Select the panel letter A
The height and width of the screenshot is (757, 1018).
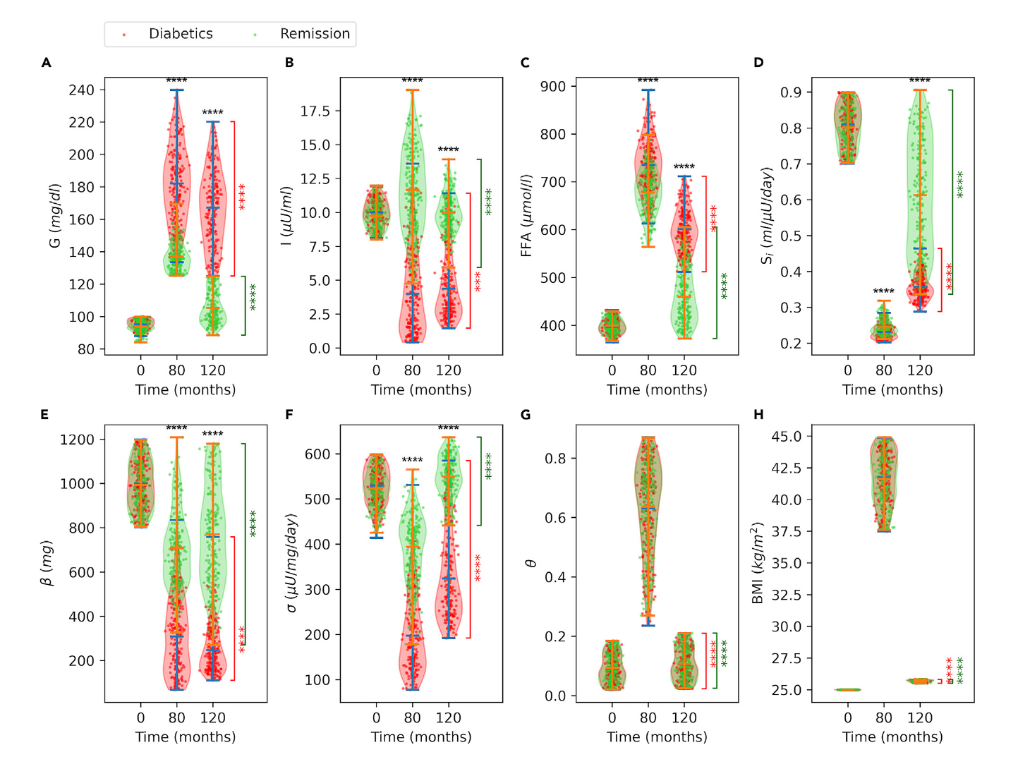[x=47, y=63]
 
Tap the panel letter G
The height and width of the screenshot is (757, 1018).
[x=526, y=415]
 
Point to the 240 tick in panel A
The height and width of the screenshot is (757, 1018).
[x=81, y=90]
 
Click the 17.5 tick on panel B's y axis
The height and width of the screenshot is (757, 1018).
[x=315, y=111]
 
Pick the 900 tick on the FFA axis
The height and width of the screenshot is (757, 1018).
[x=553, y=86]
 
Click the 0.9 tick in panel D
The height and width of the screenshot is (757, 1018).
[x=790, y=92]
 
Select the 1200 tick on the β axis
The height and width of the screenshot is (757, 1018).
[x=77, y=440]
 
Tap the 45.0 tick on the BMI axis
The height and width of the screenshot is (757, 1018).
[x=786, y=437]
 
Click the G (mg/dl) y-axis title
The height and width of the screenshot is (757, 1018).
[x=54, y=216]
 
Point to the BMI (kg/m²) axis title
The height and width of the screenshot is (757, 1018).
[x=758, y=563]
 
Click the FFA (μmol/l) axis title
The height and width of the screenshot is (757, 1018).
[x=526, y=216]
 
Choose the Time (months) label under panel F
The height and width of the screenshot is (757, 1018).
[x=421, y=737]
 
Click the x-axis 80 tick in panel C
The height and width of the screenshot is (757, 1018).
[x=648, y=370]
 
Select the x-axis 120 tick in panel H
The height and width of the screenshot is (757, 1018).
[x=919, y=717]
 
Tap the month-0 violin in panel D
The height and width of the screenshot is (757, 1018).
[x=847, y=127]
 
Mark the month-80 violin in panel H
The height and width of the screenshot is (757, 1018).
[x=883, y=483]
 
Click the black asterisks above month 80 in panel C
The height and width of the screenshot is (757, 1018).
[x=648, y=80]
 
